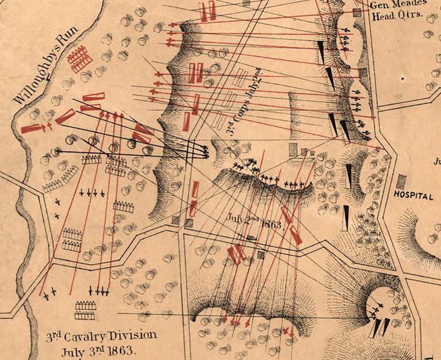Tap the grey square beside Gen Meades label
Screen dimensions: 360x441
tap(357, 13)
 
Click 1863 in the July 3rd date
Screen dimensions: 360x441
tap(121, 348)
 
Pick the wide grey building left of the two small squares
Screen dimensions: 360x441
tap(293, 149)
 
